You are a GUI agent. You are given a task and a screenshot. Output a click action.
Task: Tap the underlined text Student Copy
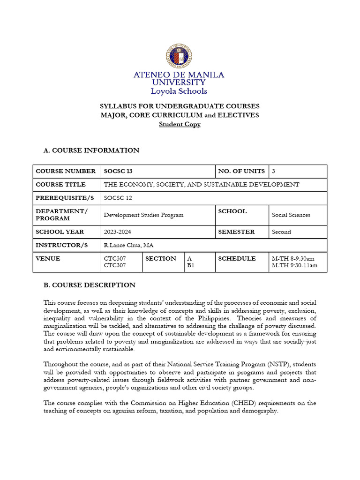pyautogui.click(x=180, y=124)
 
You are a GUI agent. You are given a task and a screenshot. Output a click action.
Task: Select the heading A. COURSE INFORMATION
pyautogui.click(x=91, y=150)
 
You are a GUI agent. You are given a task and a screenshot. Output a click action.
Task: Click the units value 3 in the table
pyautogui.click(x=274, y=172)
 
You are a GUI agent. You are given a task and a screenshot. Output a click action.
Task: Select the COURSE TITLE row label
pyautogui.click(x=60, y=185)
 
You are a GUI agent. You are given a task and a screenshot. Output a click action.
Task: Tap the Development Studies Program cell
pyautogui.click(x=143, y=215)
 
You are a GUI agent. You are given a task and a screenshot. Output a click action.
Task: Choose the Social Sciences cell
pyautogui.click(x=291, y=215)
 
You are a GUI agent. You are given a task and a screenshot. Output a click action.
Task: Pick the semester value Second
pyautogui.click(x=281, y=232)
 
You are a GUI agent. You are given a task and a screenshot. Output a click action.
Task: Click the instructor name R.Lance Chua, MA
pyautogui.click(x=128, y=245)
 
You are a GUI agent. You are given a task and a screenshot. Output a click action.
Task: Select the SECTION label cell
pyautogui.click(x=161, y=259)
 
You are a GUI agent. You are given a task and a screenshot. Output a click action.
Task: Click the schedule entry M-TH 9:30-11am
pyautogui.click(x=294, y=265)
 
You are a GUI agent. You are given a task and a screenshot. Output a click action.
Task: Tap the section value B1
pyautogui.click(x=190, y=265)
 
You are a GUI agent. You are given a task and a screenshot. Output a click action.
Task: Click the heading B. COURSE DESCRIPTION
pyautogui.click(x=89, y=285)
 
